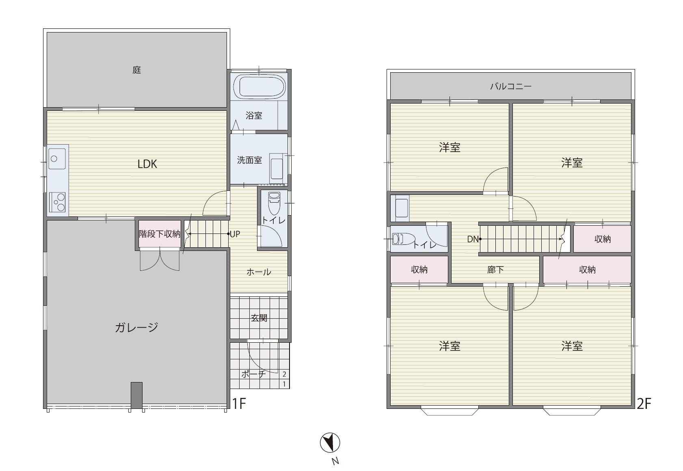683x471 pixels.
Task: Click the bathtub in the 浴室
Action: click(259, 86)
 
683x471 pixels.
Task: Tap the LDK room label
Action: click(147, 164)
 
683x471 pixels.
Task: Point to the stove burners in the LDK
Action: click(57, 202)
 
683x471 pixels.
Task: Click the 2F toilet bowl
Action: click(403, 239)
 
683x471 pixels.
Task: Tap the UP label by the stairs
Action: click(235, 234)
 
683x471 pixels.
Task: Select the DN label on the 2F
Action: click(473, 239)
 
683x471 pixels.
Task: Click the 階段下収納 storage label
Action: click(160, 234)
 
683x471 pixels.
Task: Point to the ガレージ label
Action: click(136, 327)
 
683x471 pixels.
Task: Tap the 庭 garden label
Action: click(137, 70)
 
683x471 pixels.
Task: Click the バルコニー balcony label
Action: click(511, 86)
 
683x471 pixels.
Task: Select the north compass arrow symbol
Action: click(330, 443)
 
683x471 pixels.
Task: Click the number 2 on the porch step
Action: click(284, 374)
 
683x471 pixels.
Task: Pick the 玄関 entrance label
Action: click(259, 318)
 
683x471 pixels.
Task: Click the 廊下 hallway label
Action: click(495, 270)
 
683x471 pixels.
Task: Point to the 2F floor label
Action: click(644, 404)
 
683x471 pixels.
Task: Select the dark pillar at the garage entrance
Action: click(136, 395)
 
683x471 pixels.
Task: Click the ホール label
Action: click(259, 272)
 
